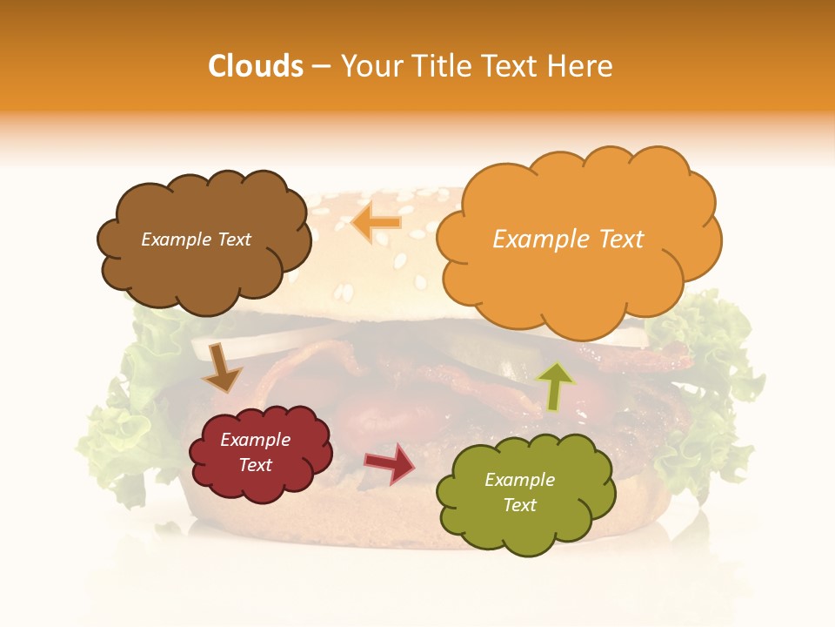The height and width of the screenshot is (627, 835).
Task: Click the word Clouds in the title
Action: pyautogui.click(x=257, y=66)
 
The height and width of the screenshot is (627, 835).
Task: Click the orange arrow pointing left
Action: pyautogui.click(x=377, y=222)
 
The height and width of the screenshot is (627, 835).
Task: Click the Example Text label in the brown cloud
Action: pyautogui.click(x=196, y=239)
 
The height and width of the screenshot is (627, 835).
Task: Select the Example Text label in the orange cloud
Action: pyautogui.click(x=568, y=239)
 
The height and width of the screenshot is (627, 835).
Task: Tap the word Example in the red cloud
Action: pyautogui.click(x=255, y=440)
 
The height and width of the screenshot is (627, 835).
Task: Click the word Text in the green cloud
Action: pyautogui.click(x=519, y=505)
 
